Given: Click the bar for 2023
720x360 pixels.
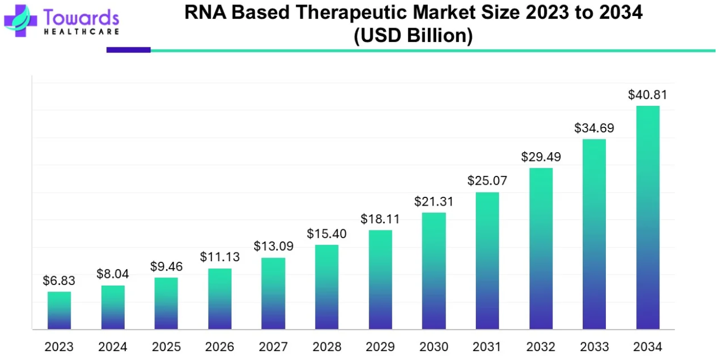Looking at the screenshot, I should [59, 310].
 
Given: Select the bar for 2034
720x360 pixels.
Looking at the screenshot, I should [648, 218].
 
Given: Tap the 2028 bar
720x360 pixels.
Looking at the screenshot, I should [327, 287].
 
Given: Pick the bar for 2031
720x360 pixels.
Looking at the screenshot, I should [487, 261].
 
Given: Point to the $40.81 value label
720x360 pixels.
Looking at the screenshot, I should [648, 95].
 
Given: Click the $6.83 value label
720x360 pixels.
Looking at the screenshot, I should [59, 281].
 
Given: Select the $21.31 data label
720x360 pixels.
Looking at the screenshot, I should [434, 202].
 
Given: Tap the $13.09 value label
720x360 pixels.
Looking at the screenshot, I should [273, 246].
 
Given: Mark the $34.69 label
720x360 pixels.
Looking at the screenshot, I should [594, 128].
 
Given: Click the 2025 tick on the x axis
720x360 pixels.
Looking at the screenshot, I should [166, 347].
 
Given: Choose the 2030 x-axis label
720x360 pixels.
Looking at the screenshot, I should [434, 347].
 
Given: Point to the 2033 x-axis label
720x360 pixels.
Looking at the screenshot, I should [594, 347].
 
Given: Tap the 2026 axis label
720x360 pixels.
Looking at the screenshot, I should [219, 347].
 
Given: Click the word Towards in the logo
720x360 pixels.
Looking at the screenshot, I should [80, 17].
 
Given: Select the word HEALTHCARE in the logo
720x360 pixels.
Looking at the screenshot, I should [80, 32].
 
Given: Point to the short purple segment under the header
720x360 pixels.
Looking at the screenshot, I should [128, 50].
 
